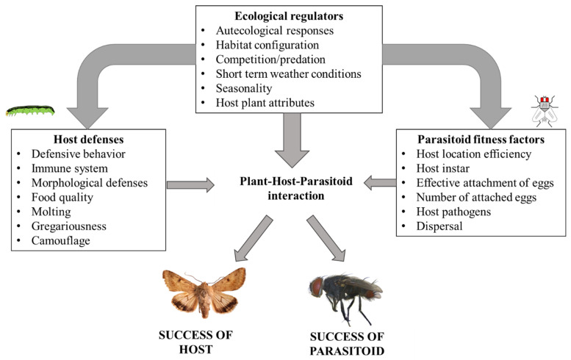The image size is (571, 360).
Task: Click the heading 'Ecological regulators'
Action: tap(290, 16)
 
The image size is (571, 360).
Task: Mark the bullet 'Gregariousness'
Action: tap(73, 226)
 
